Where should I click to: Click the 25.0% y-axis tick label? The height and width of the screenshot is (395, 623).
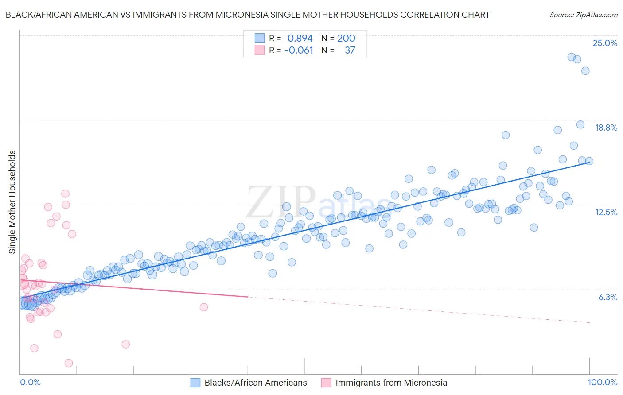tap(605, 43)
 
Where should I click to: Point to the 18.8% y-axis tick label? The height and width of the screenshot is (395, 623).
tap(606, 128)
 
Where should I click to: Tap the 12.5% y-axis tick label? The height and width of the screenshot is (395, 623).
tap(606, 212)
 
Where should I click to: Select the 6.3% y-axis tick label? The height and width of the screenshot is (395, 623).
tap(607, 297)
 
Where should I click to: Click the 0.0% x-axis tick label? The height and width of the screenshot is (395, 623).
tap(30, 382)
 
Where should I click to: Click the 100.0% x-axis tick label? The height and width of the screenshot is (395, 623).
tap(602, 382)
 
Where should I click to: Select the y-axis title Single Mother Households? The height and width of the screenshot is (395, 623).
tap(12, 202)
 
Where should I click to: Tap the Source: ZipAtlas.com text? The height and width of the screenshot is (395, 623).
tap(583, 15)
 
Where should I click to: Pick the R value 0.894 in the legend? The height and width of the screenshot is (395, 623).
tap(300, 39)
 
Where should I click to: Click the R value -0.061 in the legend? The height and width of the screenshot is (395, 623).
tap(299, 50)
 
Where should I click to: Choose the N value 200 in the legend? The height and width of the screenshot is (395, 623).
tap(346, 39)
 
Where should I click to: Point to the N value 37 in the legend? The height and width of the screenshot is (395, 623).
tap(350, 50)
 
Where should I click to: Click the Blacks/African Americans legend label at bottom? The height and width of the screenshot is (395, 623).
tap(256, 383)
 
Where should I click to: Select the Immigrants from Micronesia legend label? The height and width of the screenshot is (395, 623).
tap(391, 383)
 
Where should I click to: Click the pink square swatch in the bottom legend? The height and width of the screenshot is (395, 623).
tap(326, 383)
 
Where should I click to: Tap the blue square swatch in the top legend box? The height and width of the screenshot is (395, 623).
tap(259, 39)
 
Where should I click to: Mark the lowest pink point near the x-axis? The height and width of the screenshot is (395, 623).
tap(69, 363)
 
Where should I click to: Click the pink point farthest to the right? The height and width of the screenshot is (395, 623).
tap(204, 307)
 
